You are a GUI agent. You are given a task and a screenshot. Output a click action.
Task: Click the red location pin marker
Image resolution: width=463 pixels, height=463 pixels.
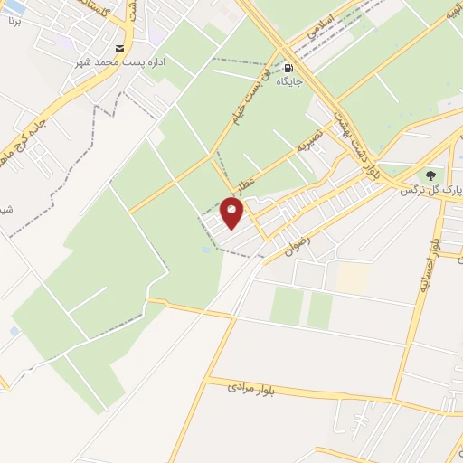pyautogui.click(x=233, y=213)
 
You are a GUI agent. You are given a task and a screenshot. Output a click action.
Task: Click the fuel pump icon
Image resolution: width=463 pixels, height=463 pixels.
pyautogui.click(x=288, y=68)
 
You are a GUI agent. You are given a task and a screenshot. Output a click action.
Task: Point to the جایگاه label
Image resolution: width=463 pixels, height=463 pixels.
pyautogui.click(x=288, y=81)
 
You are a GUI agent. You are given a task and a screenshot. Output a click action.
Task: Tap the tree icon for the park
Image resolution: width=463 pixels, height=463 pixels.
pyautogui.click(x=430, y=175)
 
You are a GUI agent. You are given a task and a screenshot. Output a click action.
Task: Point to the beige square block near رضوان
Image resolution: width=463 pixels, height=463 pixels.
pyautogui.click(x=354, y=276)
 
